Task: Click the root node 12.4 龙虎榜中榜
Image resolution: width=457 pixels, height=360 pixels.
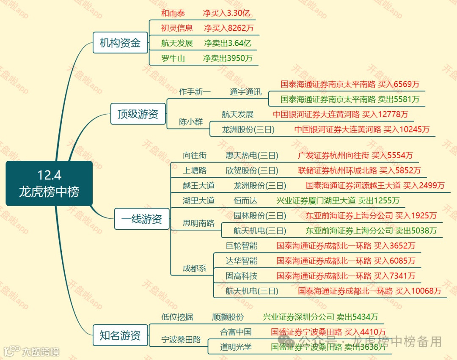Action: pyautogui.click(x=49, y=183)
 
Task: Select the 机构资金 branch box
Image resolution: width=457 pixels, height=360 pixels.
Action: pyautogui.click(x=120, y=43)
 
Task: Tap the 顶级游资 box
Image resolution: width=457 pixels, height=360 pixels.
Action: pyautogui.click(x=138, y=114)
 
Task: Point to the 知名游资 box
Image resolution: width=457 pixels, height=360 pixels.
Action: pyautogui.click(x=120, y=335)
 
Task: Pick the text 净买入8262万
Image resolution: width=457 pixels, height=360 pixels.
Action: pyautogui.click(x=229, y=28)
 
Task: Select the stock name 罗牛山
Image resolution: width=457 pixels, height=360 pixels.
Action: pyautogui.click(x=173, y=58)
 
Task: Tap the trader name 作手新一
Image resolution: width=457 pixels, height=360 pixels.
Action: pyautogui.click(x=195, y=92)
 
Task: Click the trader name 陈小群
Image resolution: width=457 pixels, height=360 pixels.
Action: pyautogui.click(x=191, y=122)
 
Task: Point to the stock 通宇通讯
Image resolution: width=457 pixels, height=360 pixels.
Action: pyautogui.click(x=245, y=92)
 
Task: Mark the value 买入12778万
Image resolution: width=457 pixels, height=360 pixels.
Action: pyautogui.click(x=385, y=114)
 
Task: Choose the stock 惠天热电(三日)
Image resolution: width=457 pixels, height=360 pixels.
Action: pyautogui.click(x=252, y=156)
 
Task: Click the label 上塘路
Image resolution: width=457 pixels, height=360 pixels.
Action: pyautogui.click(x=195, y=170)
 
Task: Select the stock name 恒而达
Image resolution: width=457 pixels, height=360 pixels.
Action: pyautogui.click(x=245, y=201)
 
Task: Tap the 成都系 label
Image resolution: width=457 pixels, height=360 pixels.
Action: pyautogui.click(x=195, y=268)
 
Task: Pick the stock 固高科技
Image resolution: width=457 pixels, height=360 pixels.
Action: pyautogui.click(x=241, y=276)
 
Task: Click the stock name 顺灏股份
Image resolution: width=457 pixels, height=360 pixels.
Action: pyautogui.click(x=228, y=317)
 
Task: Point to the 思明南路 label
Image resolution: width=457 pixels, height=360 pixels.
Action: pyautogui.click(x=198, y=223)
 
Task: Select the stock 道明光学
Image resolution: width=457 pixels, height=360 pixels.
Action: pyautogui.click(x=236, y=347)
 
